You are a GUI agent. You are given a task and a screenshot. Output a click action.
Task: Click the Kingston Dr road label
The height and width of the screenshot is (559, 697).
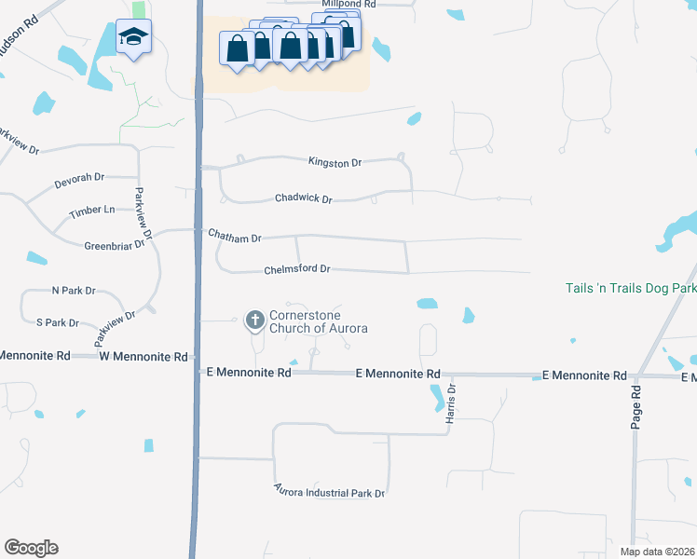pyautogui.click(x=335, y=163)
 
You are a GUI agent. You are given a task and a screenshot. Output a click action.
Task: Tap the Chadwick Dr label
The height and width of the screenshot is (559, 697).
pyautogui.click(x=304, y=198)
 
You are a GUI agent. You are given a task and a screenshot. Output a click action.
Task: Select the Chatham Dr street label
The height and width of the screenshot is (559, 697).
pyautogui.click(x=235, y=239)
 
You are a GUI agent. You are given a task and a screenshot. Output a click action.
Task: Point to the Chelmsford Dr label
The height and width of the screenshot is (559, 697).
pyautogui.click(x=298, y=269)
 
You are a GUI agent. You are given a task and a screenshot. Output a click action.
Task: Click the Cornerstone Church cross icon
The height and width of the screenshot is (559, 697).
pyautogui.click(x=254, y=321)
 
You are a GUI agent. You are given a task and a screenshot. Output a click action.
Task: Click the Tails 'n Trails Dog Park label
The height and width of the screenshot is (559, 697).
pyautogui.click(x=630, y=288)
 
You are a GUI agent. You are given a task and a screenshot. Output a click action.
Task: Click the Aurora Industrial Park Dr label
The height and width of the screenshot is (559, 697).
pyautogui.click(x=329, y=491)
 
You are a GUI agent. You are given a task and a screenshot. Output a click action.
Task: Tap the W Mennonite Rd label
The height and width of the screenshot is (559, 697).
pyautogui.click(x=144, y=357)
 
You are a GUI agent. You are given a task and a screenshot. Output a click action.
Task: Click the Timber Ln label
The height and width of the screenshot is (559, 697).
pyautogui.click(x=92, y=211)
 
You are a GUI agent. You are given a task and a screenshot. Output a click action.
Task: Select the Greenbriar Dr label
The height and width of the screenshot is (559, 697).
pyautogui.click(x=116, y=244)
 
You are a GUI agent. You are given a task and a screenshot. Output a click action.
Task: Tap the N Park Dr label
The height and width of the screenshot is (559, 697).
pyautogui.click(x=74, y=291)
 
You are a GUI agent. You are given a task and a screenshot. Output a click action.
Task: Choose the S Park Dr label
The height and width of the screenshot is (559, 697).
pyautogui.click(x=57, y=322)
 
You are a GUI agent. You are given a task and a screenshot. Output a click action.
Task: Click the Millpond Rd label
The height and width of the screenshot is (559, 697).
pyautogui.click(x=350, y=5)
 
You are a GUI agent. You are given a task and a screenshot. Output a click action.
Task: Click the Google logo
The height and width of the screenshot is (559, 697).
pyautogui.click(x=31, y=548)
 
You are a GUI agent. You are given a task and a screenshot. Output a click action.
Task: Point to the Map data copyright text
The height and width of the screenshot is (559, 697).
pyautogui.click(x=657, y=552)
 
